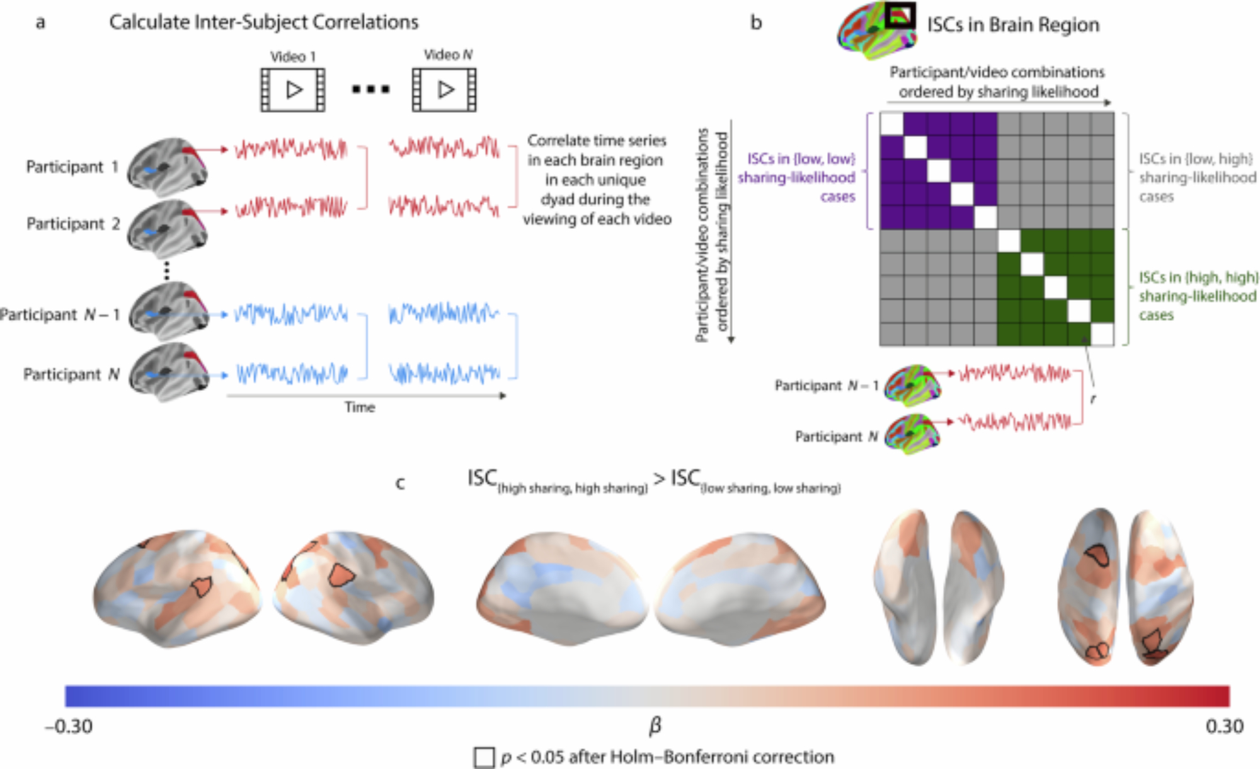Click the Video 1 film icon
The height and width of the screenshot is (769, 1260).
293,90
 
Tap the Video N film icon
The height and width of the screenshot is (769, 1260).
444,90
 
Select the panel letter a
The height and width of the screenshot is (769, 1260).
40,23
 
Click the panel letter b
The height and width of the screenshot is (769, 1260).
756,23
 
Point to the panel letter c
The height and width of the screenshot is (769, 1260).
399,483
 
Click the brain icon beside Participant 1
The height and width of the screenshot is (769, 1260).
167,167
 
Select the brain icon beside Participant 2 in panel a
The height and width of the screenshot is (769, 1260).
167,226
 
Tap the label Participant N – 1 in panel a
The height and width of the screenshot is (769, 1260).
60,314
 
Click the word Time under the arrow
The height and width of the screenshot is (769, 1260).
360,407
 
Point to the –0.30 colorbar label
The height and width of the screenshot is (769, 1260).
69,727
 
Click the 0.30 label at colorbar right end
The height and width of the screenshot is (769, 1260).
1224,727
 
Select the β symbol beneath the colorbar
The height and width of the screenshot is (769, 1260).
655,727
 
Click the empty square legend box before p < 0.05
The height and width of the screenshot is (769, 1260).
484,757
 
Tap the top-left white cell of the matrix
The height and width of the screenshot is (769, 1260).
891,124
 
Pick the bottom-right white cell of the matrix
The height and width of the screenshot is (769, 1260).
1102,335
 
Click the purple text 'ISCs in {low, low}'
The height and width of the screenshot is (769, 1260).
801,159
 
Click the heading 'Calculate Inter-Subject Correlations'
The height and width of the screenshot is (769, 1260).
263,23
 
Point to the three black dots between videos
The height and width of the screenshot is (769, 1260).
370,90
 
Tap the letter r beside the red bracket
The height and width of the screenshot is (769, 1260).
1093,398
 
